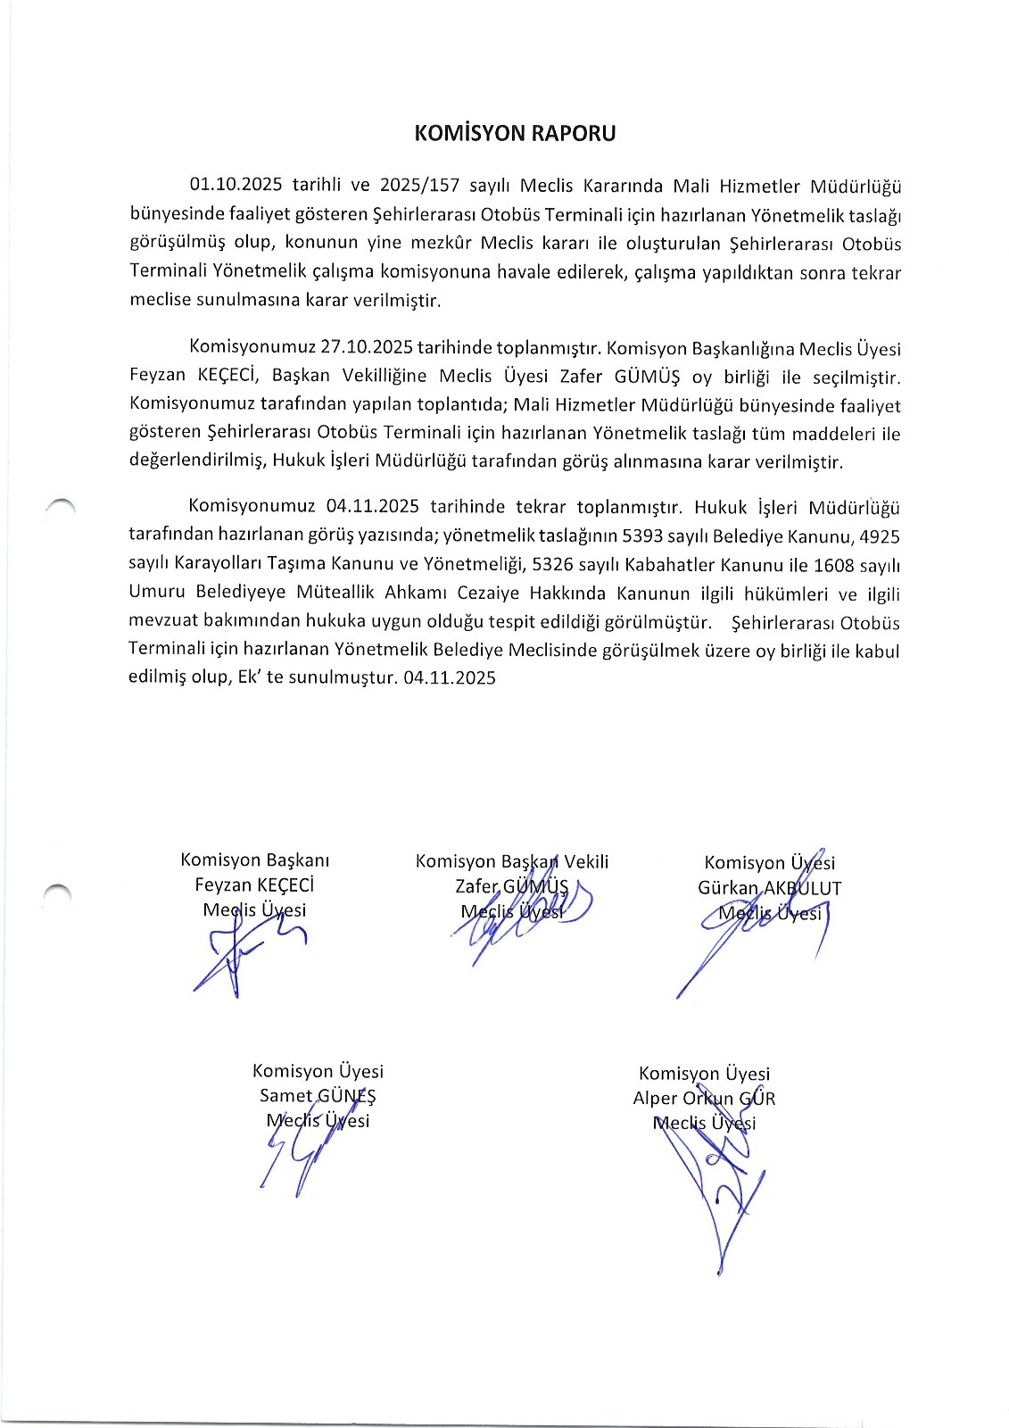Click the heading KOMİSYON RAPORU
pyautogui.click(x=515, y=134)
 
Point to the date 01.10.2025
pyautogui.click(x=236, y=186)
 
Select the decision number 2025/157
pyautogui.click(x=419, y=186)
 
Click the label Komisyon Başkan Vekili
pyautogui.click(x=512, y=861)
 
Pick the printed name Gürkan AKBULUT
pyautogui.click(x=769, y=888)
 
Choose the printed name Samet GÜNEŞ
pyautogui.click(x=318, y=1096)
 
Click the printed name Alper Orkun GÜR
pyautogui.click(x=704, y=1099)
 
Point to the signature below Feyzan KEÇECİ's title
pyautogui.click(x=241, y=955)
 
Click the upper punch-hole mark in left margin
pyautogui.click(x=62, y=506)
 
